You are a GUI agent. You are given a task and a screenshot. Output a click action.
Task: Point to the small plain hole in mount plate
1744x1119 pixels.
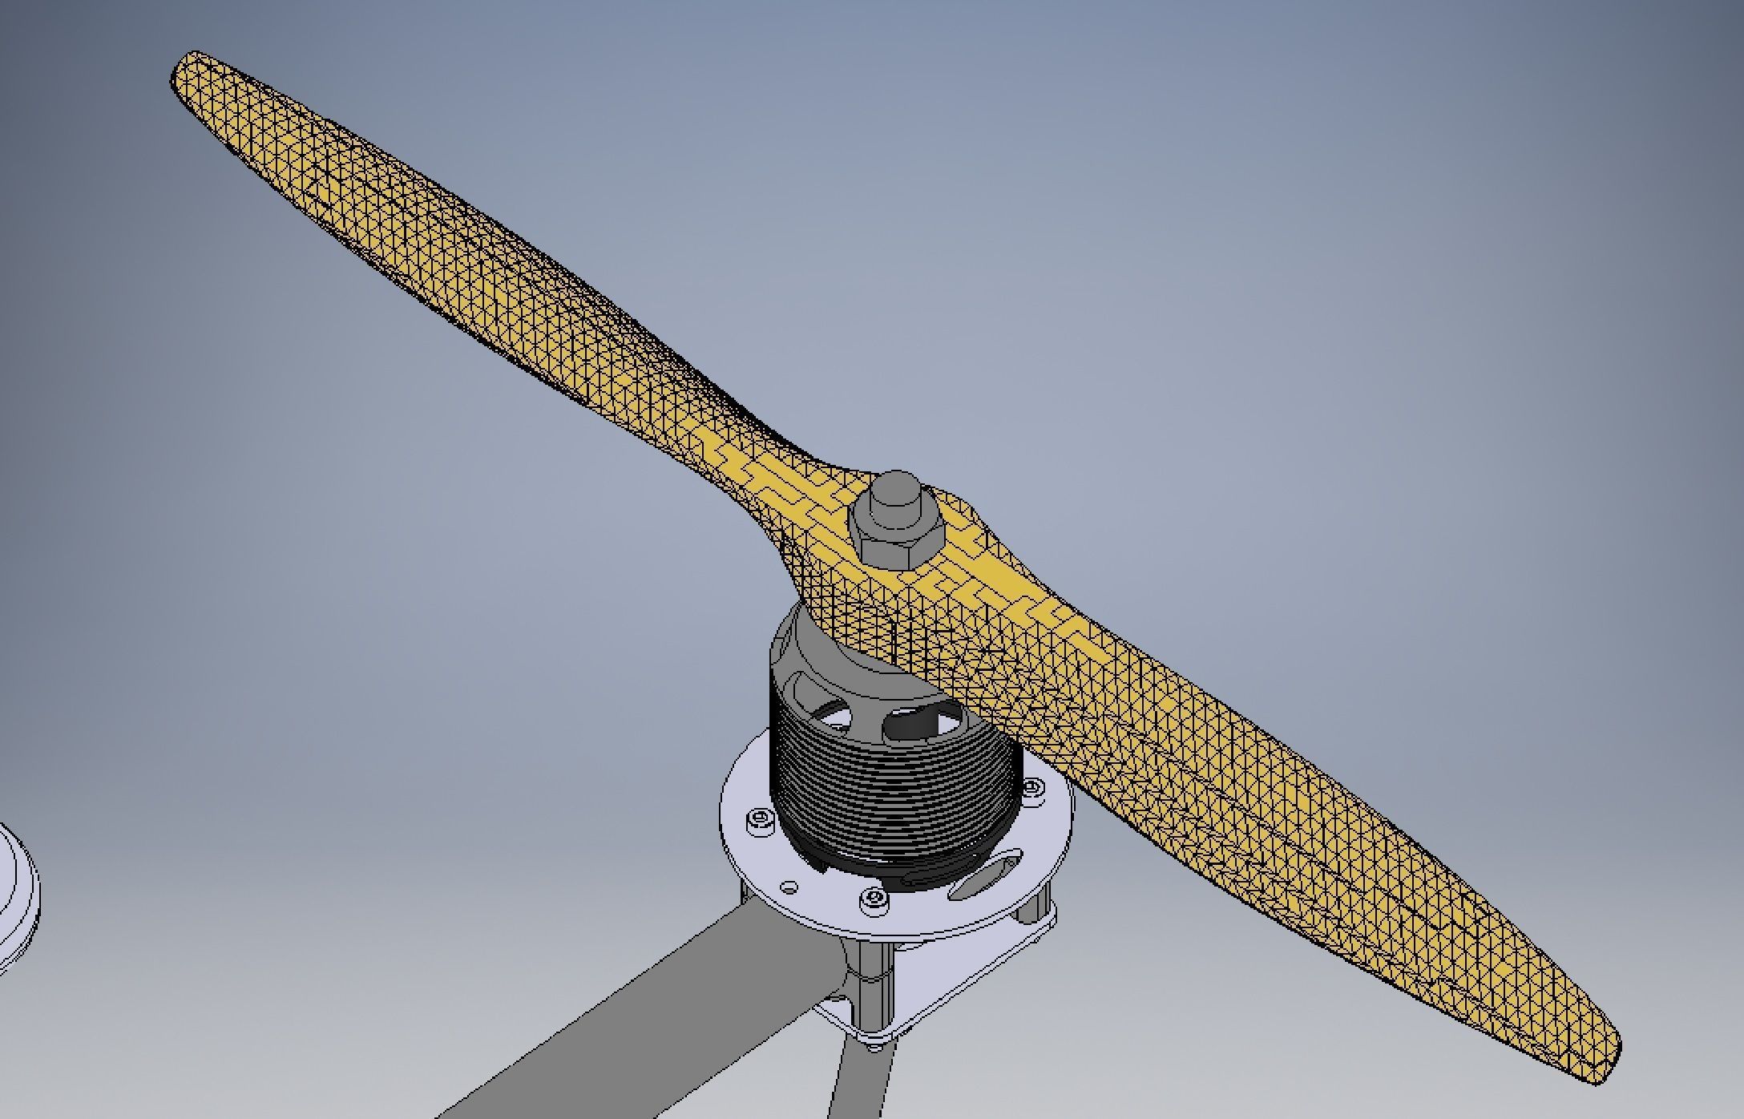pyautogui.click(x=790, y=887)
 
